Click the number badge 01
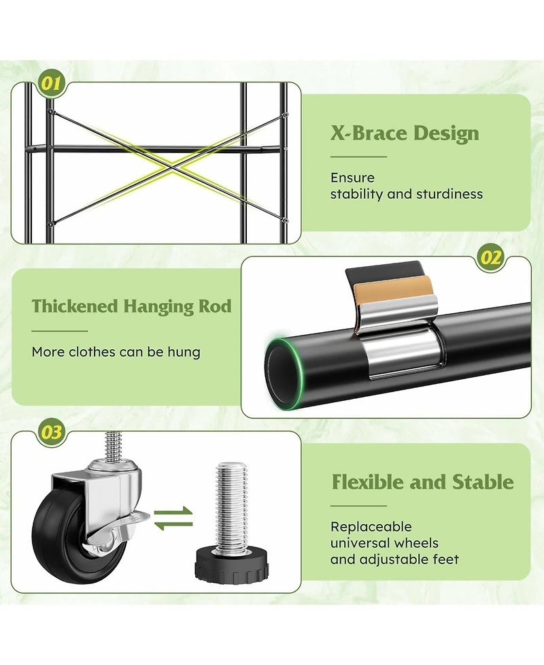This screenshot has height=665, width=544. tap(52, 83)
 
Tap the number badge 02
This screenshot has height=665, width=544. tap(490, 257)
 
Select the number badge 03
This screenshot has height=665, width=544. tap(52, 432)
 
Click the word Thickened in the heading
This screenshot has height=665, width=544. tap(75, 306)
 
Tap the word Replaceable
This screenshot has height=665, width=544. tap(371, 527)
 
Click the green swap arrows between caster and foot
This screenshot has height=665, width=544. tap(173, 518)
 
